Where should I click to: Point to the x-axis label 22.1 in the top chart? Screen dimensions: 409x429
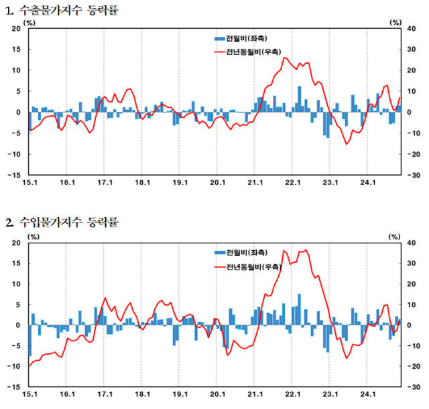(x=292, y=182)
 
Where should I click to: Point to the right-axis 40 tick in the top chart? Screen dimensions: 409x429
(x=414, y=29)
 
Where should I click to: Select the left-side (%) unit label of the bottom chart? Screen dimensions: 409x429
(x=33, y=236)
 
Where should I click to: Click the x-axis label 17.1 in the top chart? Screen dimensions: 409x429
(x=105, y=182)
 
